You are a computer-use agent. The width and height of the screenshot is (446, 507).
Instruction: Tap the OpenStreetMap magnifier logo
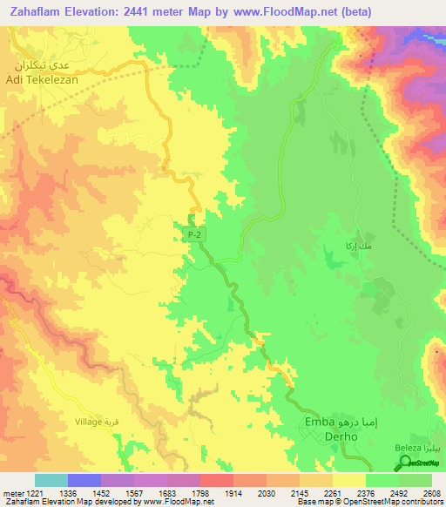[x=403, y=464]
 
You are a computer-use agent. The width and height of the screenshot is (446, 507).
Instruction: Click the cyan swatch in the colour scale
[x=51, y=480]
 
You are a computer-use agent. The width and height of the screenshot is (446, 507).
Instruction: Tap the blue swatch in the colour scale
[x=84, y=480]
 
